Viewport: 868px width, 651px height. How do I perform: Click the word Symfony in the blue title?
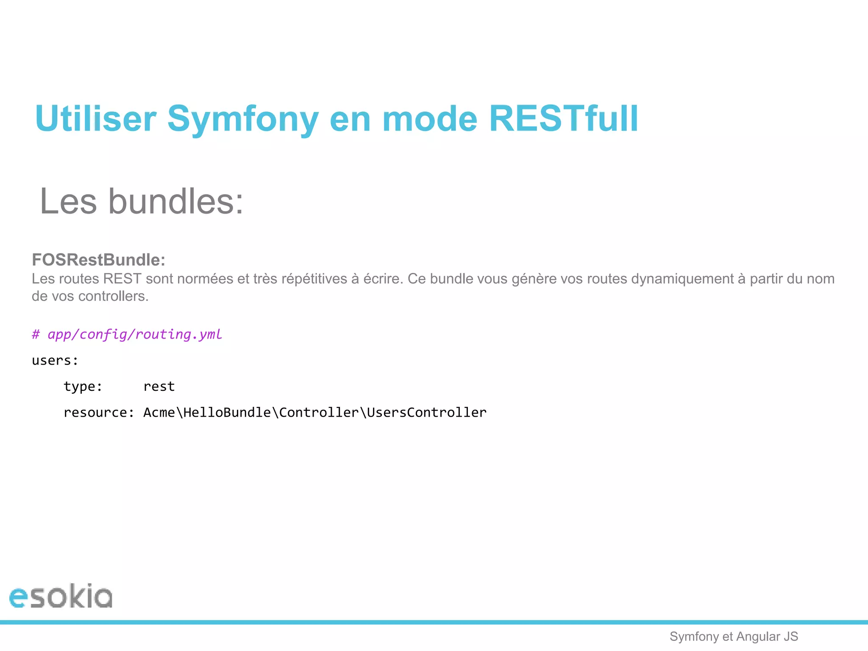pyautogui.click(x=242, y=119)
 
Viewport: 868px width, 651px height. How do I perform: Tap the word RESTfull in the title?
pyautogui.click(x=563, y=119)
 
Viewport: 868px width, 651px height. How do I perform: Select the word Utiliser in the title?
pyautogui.click(x=96, y=119)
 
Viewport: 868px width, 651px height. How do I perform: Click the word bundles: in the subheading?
pyautogui.click(x=176, y=201)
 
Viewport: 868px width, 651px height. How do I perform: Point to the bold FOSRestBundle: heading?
pyautogui.click(x=98, y=260)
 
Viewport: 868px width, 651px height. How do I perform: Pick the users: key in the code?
pyautogui.click(x=55, y=361)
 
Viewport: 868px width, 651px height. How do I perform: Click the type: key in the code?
pyautogui.click(x=83, y=387)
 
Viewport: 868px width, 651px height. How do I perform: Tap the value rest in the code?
pyautogui.click(x=159, y=387)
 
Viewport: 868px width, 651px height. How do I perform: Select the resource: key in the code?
pyautogui.click(x=99, y=412)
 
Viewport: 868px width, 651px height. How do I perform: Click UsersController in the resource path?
pyautogui.click(x=426, y=412)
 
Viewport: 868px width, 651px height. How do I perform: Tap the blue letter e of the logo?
pyautogui.click(x=18, y=598)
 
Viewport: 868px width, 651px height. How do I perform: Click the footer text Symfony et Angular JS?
pyautogui.click(x=734, y=637)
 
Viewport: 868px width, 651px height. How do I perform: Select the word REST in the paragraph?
pyautogui.click(x=122, y=279)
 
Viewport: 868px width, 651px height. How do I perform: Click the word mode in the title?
pyautogui.click(x=430, y=119)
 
